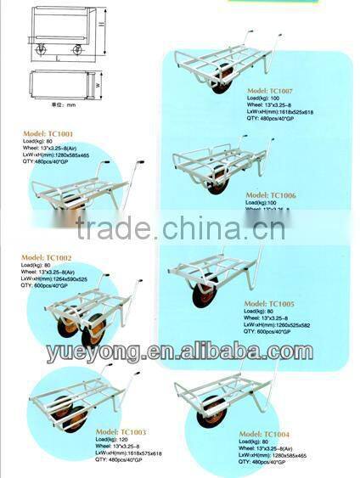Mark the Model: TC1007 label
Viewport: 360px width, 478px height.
[271, 89]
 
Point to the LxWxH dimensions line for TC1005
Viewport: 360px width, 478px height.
[279, 325]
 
